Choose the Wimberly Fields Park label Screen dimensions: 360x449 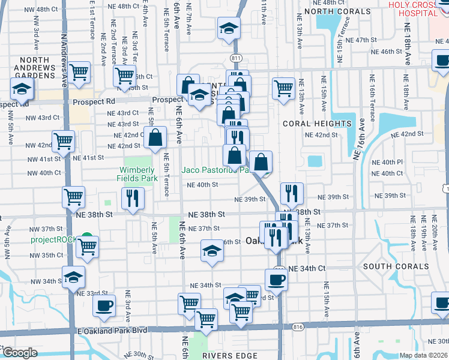coord(137,174)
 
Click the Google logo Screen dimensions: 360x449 coord(20,353)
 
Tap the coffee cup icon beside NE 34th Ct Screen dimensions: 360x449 coord(277,279)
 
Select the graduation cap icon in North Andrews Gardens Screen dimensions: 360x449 coord(22,89)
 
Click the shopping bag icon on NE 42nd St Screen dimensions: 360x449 coord(155,137)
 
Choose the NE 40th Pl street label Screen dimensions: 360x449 coord(387,163)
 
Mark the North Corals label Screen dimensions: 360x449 coord(337,11)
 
